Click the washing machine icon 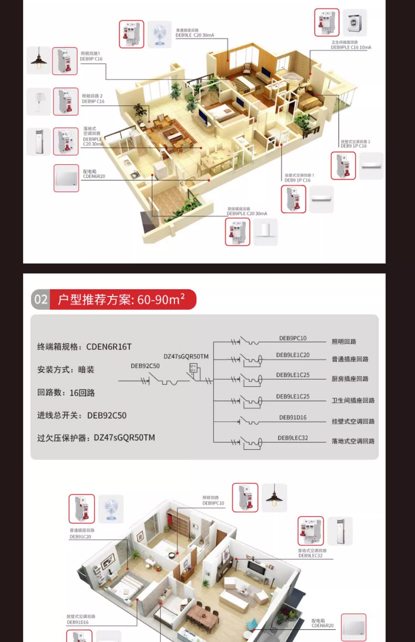pos(355,23)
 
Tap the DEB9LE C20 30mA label pos(195,35)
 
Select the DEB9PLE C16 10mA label pos(351,47)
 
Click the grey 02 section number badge pos(41,299)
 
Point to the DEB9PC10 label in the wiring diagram pos(293,338)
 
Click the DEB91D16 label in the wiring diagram pos(293,417)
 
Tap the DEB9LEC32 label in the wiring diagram pos(293,438)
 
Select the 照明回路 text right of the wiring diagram pos(344,342)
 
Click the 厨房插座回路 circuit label pos(350,379)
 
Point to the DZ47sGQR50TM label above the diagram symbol pos(186,356)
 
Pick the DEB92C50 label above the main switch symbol pos(145,366)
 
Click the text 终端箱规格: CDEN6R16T pos(84,347)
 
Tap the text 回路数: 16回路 pos(66,393)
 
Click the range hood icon pos(266,232)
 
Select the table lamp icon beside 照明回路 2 pos(39,101)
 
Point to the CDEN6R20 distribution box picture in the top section pos(66,178)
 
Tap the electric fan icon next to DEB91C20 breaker pos(111,509)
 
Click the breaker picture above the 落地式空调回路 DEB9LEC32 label pos(310,531)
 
